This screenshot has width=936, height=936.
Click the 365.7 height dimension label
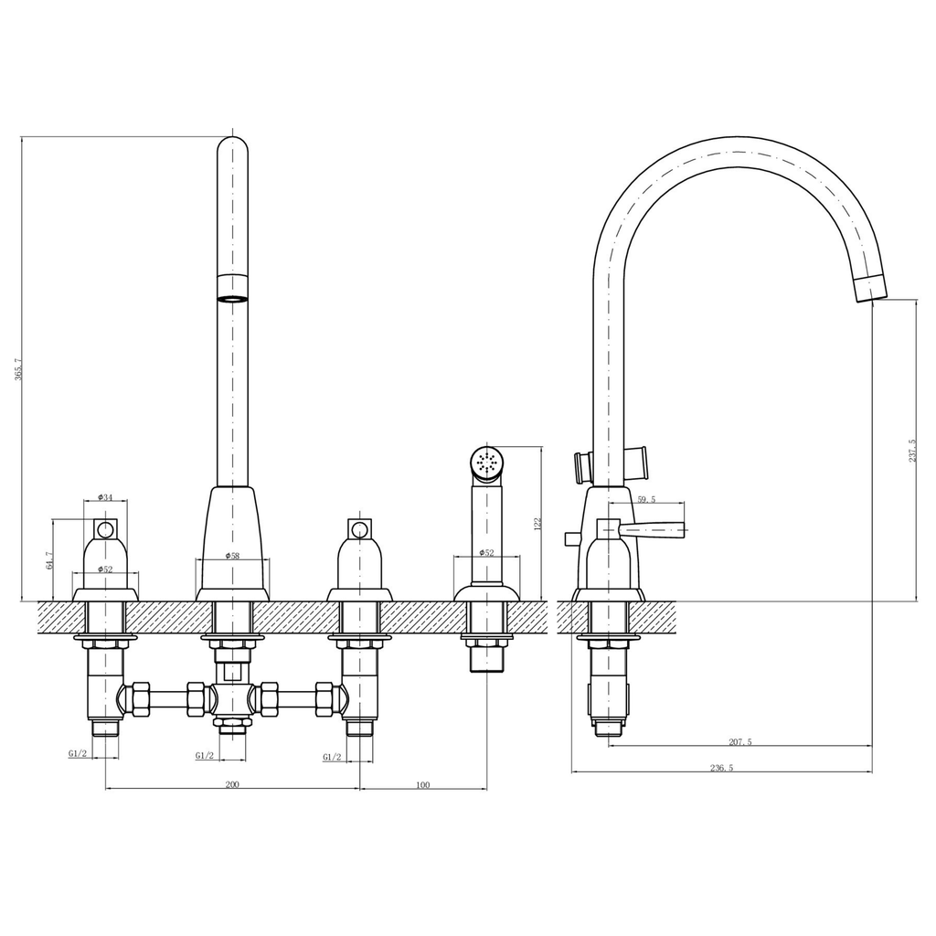[x=18, y=368]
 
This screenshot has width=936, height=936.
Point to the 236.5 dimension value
[x=721, y=768]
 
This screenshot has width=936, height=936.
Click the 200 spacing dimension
[x=232, y=784]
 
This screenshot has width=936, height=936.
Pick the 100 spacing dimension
[x=422, y=784]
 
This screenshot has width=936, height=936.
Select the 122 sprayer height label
[x=537, y=523]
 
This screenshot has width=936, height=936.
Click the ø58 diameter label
[x=231, y=556]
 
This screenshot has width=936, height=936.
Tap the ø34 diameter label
[x=104, y=497]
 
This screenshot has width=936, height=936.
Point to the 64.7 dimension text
[x=48, y=559]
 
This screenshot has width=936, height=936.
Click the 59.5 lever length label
[x=646, y=500]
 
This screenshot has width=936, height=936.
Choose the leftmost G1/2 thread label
[x=77, y=753]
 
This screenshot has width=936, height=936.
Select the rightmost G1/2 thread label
[x=332, y=757]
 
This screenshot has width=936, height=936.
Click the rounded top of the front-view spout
[x=232, y=146]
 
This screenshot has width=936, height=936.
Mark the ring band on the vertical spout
[x=232, y=286]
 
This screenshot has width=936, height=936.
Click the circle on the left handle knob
[x=105, y=528]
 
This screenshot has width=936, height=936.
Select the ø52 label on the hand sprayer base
[x=486, y=553]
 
